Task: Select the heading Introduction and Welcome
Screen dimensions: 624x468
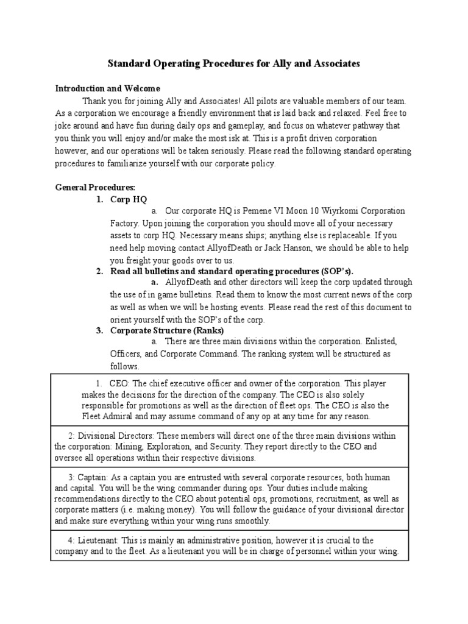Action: click(107, 88)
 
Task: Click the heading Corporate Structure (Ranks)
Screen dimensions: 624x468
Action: click(166, 330)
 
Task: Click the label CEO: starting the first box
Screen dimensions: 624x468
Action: click(119, 384)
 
